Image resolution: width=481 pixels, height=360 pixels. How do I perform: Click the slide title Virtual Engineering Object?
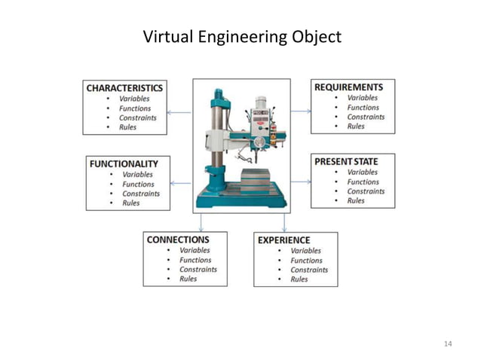coord(241,36)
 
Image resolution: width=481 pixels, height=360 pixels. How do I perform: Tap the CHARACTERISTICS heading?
coord(124,88)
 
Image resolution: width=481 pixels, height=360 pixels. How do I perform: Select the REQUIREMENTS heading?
coord(348,87)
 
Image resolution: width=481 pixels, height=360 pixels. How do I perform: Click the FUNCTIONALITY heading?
coord(124,163)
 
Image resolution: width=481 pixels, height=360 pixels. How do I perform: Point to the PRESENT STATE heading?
coord(346,162)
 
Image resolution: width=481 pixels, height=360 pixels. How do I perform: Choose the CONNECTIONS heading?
coord(178,239)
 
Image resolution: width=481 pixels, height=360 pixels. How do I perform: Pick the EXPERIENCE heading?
coord(283,240)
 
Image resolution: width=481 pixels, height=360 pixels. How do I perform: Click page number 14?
coord(448,344)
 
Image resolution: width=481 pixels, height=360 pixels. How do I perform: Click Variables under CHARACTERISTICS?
coord(134,99)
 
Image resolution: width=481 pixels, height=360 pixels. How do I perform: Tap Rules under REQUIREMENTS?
coord(356,127)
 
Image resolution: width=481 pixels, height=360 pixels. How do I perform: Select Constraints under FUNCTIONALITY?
coord(141,194)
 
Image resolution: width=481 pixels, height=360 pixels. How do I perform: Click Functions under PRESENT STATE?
coord(363,182)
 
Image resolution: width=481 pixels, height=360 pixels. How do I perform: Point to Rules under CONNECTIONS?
coord(188,279)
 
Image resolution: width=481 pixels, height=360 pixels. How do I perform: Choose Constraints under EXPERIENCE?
coord(309,270)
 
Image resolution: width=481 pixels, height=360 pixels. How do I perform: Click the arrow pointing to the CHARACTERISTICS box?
coord(179,112)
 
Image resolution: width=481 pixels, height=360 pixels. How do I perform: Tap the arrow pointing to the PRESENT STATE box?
coord(301,182)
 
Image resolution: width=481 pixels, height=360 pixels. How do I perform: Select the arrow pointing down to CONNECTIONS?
coord(201,222)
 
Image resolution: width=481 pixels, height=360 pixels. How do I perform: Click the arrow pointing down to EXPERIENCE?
coord(284,222)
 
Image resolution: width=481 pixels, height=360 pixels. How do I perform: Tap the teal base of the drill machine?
coord(241,200)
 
